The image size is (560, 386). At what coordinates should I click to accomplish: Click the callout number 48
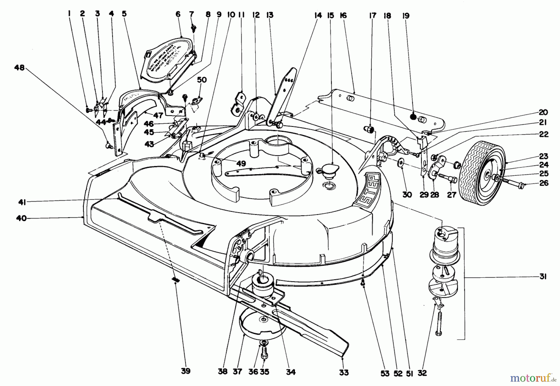[x=19, y=67]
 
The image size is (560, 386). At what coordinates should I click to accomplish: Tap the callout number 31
[x=543, y=277]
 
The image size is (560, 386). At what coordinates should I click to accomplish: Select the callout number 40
[x=21, y=218]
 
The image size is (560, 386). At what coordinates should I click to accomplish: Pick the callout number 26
[x=544, y=183]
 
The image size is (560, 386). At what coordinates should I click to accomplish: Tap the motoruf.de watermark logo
[x=533, y=378]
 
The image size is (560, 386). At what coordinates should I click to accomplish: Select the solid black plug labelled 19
[x=413, y=117]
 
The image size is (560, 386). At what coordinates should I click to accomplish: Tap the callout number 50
[x=202, y=80]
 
